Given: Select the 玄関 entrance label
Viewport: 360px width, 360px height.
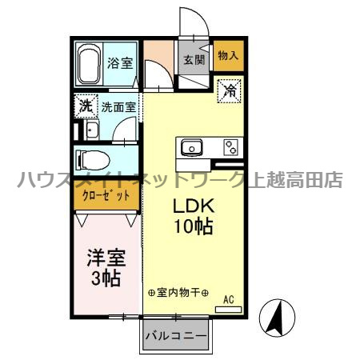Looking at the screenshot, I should point(192,59).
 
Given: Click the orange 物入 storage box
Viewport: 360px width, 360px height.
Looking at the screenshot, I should point(228,55).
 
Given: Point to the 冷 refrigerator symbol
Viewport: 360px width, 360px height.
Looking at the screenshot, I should point(228,90).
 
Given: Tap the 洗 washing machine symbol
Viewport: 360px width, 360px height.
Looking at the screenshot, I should point(85,105).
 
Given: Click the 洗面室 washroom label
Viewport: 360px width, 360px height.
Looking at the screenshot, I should point(118,105).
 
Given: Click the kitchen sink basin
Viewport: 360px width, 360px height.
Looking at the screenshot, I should point(192,147).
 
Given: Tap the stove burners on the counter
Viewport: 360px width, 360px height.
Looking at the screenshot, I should point(231,147).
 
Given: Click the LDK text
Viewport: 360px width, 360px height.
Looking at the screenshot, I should point(193,205).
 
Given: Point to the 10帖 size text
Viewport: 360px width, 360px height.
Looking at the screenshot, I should point(193,226).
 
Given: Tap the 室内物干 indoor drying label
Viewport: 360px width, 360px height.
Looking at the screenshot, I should point(178,294).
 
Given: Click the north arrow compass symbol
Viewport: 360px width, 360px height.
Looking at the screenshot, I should point(275,318).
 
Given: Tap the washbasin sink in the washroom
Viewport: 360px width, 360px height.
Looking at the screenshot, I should point(90,130).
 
